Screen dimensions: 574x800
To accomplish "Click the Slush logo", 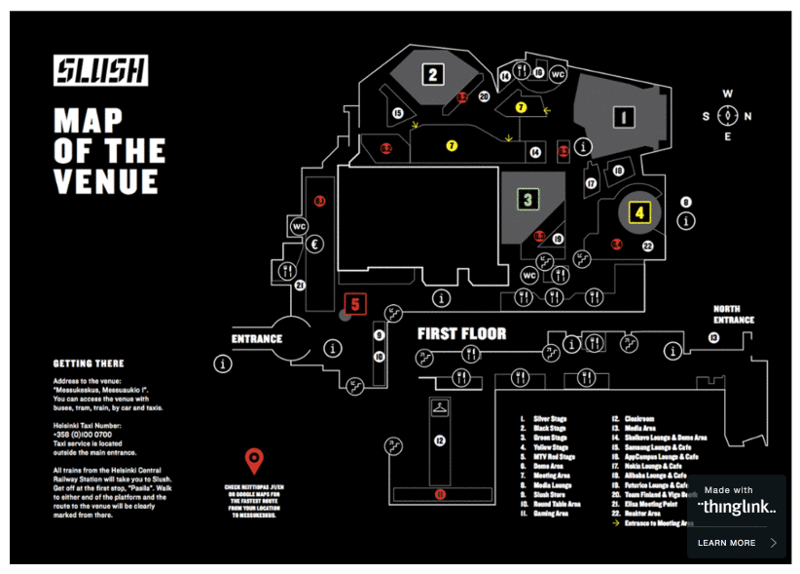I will (101, 71).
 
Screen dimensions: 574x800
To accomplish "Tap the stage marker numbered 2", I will (433, 73).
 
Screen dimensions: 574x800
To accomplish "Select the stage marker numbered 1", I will (620, 118).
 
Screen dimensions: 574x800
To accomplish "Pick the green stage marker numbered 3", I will (527, 201).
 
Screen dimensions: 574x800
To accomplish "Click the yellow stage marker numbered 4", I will (639, 211).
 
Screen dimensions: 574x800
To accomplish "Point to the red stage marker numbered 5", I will (355, 304).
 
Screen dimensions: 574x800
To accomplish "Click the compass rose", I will (727, 116).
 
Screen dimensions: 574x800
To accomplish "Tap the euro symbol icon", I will (315, 246).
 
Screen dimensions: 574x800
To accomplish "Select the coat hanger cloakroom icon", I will (441, 406).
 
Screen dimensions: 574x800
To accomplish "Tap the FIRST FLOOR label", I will (461, 333).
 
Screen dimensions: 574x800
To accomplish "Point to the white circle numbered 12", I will (440, 441).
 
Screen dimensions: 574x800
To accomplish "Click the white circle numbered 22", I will (647, 247).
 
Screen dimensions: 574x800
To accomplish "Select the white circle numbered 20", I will (484, 96).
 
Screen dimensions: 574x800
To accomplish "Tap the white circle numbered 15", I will (397, 114).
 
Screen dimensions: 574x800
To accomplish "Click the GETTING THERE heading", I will (89, 364).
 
